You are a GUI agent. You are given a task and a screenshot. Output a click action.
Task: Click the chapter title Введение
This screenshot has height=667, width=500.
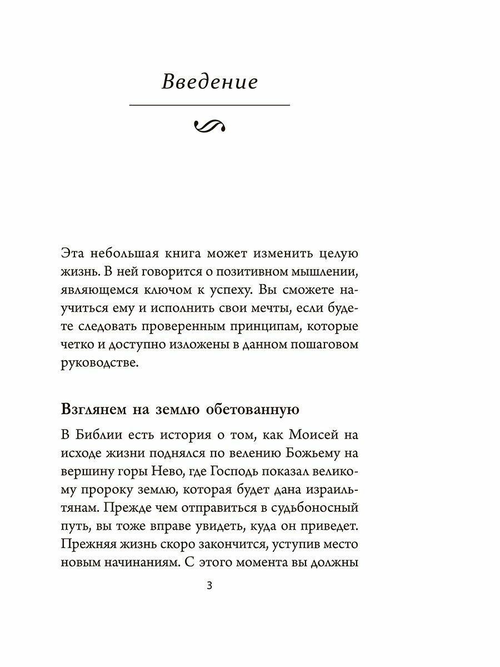[209, 82]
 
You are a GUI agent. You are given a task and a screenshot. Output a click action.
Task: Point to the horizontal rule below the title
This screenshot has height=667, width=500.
[209, 105]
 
